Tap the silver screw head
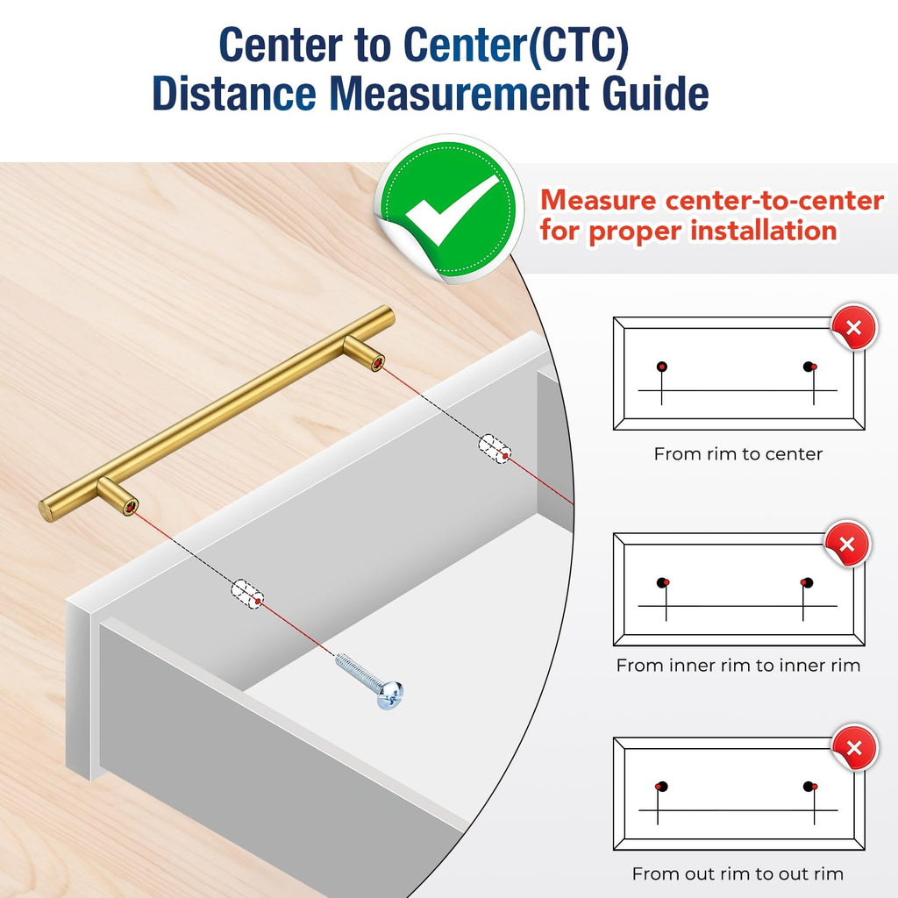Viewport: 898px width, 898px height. coord(389,695)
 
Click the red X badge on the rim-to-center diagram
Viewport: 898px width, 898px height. coord(854,328)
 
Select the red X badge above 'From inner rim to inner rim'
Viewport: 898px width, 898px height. coord(847,544)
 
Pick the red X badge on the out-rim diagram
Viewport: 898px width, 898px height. coord(854,748)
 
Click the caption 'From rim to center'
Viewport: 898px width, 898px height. coord(738,454)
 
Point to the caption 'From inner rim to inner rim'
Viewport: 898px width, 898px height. coord(738,665)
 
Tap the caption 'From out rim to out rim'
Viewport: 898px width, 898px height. coord(738,874)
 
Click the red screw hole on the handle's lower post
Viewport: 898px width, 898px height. coord(132,507)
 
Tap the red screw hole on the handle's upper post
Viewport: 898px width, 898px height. coord(377,363)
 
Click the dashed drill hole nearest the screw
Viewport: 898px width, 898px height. coord(247,595)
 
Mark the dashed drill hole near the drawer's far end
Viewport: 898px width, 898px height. coord(495,449)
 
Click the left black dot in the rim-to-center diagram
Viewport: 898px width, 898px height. coord(662,367)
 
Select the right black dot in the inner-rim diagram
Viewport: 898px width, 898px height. coord(807,583)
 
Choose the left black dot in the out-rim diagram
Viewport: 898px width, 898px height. coord(663,787)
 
